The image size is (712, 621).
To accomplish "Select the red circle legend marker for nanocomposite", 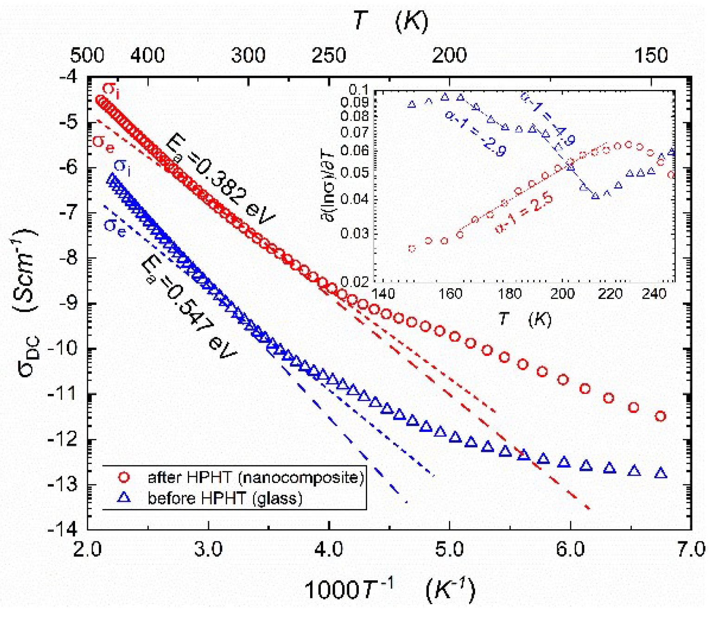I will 124,477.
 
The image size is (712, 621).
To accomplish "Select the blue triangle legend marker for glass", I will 124,498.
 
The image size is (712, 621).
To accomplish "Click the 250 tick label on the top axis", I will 329,56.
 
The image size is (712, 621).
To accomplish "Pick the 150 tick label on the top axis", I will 650,56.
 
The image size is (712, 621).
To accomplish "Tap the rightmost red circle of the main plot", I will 661,416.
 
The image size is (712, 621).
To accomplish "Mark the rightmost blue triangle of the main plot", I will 661,473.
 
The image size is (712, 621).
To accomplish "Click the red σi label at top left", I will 111,89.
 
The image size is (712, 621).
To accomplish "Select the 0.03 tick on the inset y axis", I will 355,233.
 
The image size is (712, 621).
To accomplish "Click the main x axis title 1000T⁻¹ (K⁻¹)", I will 389,590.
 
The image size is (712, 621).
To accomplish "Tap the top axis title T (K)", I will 389,21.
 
